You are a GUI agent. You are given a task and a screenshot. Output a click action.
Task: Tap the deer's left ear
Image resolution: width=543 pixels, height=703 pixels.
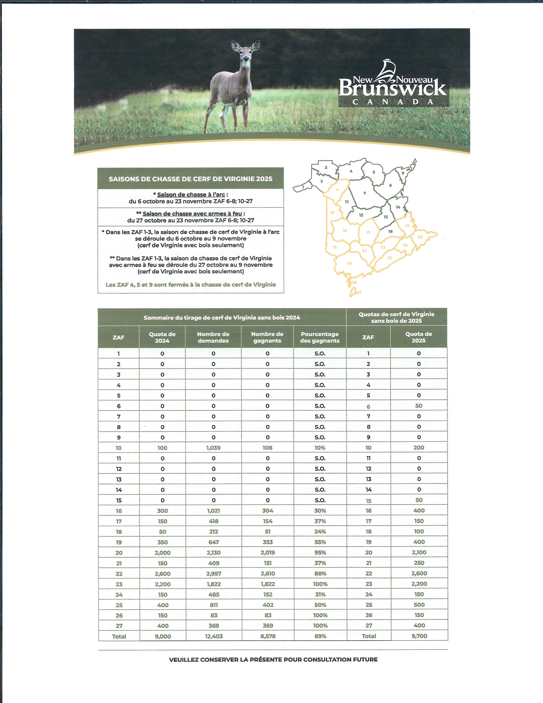coord(256,45)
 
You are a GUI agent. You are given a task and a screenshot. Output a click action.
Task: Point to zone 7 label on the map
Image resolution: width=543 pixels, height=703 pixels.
coord(365,193)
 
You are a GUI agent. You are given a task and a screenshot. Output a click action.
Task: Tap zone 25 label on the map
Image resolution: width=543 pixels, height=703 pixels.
coord(420,237)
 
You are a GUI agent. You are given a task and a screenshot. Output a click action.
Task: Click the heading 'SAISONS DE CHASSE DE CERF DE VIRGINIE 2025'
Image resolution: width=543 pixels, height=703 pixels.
coord(190,179)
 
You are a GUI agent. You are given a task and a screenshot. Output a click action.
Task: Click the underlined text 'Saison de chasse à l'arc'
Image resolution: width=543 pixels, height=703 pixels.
coord(191,195)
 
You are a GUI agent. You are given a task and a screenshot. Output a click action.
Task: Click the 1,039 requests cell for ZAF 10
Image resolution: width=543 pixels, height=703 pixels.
coord(213,448)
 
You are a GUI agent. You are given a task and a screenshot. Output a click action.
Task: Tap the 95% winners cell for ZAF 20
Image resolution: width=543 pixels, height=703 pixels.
coord(320,552)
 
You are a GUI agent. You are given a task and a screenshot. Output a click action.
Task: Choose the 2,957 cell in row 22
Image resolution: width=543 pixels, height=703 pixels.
coord(213,574)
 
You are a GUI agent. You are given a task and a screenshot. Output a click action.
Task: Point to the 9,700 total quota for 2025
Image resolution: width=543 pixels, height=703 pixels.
coord(419,636)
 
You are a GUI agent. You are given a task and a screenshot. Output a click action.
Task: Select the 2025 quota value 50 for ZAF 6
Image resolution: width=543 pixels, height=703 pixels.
coord(419,406)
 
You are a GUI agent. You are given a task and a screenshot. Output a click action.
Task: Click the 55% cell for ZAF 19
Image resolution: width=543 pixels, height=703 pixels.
coord(320,542)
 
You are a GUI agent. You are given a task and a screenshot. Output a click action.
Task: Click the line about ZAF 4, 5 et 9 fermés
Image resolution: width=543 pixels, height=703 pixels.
coord(191,285)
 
